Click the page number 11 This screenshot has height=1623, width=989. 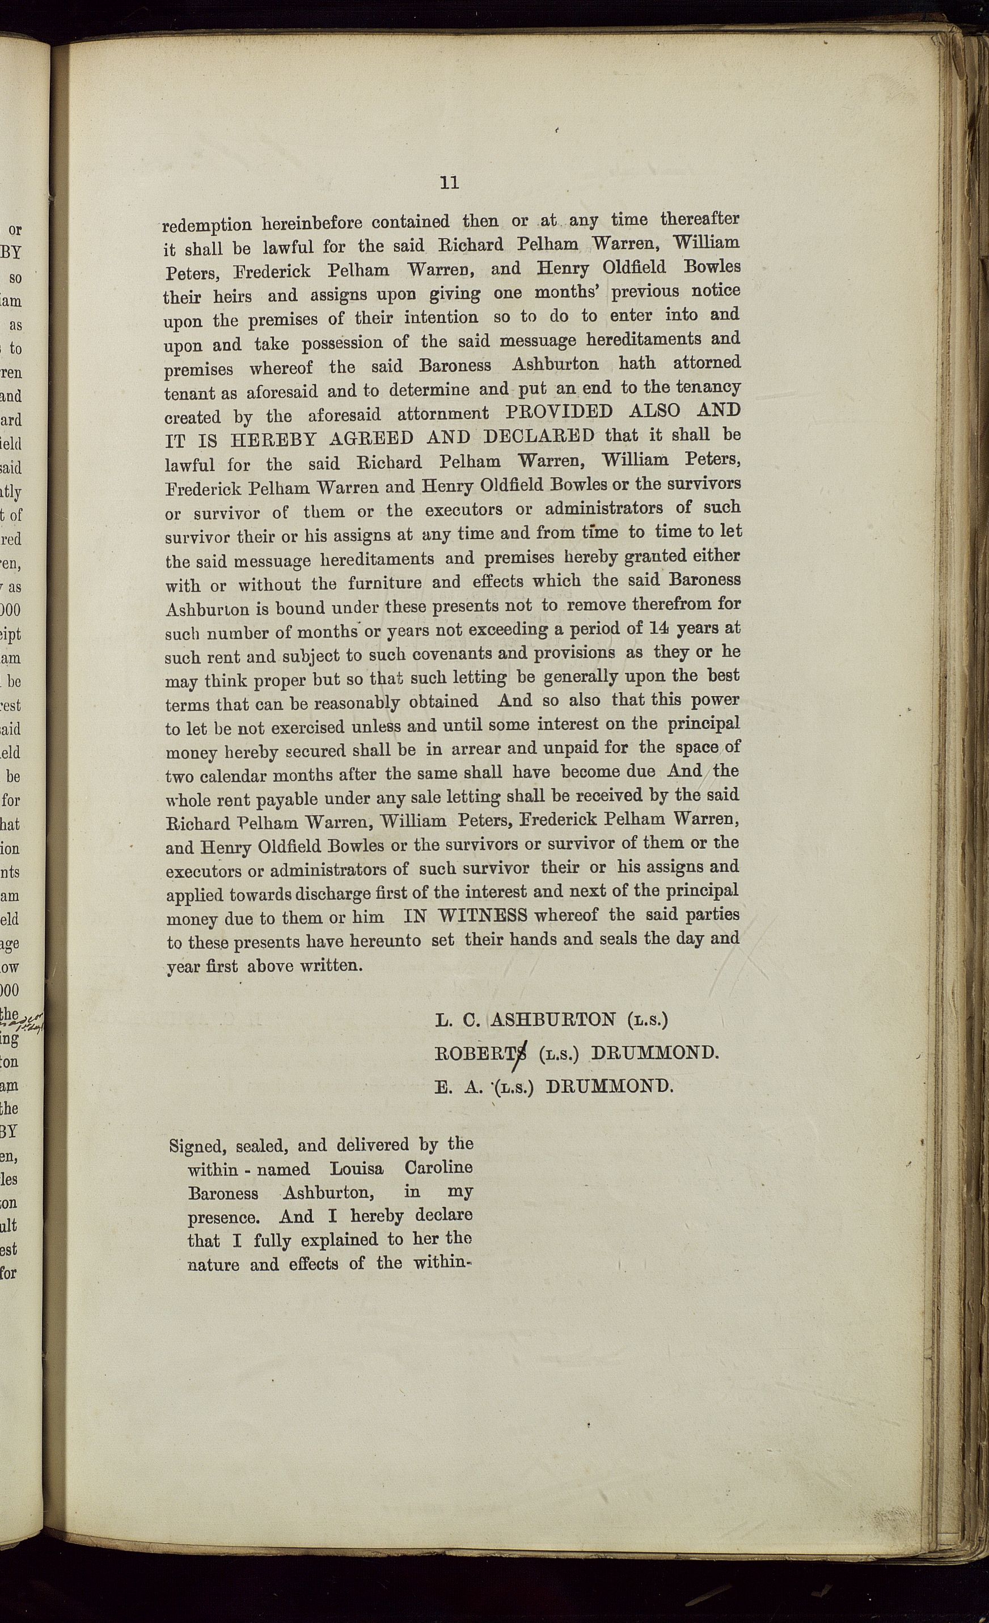pos(449,183)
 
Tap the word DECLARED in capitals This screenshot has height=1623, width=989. pos(539,437)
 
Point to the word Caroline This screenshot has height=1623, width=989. pos(438,1168)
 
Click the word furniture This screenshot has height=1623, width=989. pos(385,583)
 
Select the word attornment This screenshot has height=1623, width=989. pos(443,414)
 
